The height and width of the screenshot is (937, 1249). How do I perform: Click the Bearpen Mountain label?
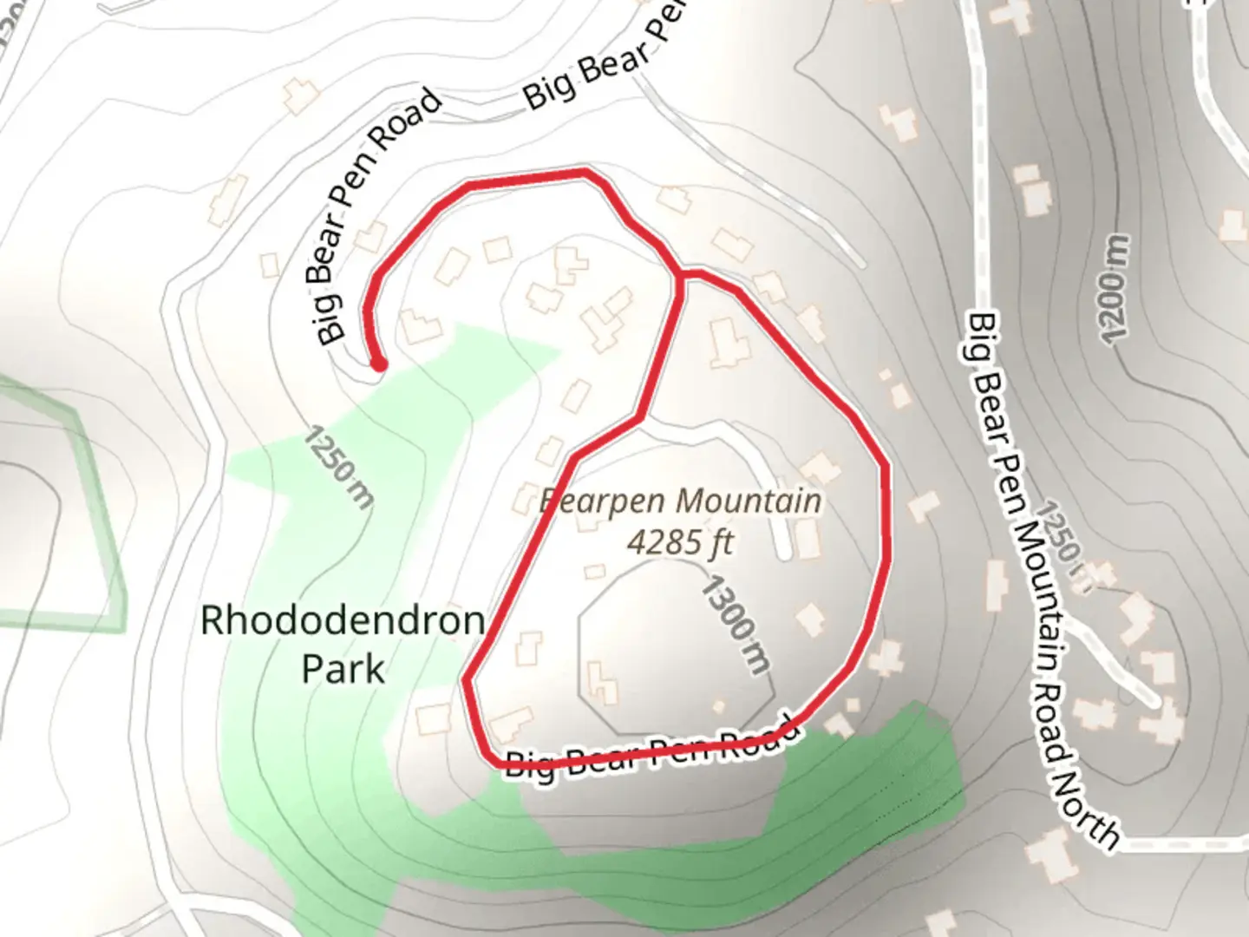point(679,501)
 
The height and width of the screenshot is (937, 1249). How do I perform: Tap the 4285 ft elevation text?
point(680,543)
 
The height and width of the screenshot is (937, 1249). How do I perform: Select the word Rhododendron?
point(343,621)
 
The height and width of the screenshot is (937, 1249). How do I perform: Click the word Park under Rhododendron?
point(343,669)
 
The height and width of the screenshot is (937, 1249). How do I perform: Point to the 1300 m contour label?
point(735,624)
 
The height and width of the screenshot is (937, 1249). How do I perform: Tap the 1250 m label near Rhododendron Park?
point(339,467)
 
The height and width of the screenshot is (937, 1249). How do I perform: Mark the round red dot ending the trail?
point(378,364)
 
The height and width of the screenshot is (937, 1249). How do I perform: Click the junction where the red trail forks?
point(682,274)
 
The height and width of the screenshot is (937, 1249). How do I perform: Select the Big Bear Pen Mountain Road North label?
point(1041,581)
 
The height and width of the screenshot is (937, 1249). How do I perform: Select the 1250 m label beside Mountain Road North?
point(1063,542)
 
